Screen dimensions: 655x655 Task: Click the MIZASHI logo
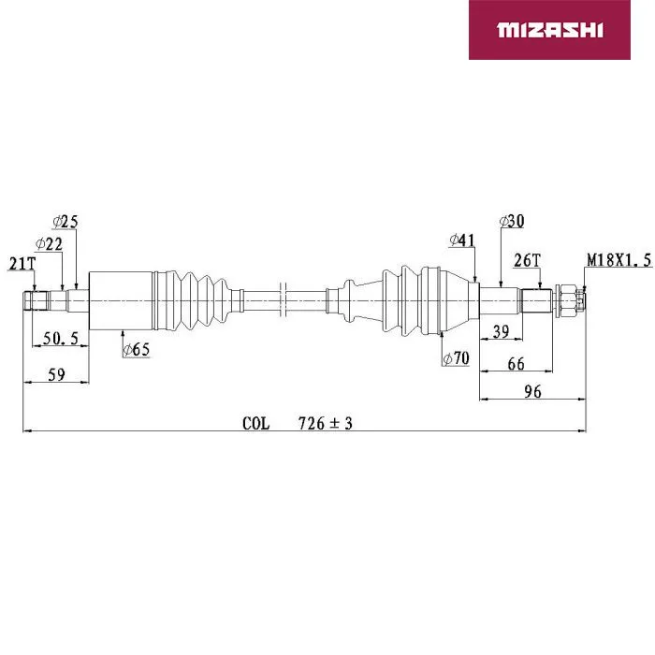pyautogui.click(x=549, y=30)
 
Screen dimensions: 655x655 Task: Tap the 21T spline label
pyautogui.click(x=22, y=264)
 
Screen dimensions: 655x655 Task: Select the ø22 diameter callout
pyautogui.click(x=49, y=243)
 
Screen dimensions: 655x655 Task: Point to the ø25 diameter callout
pyautogui.click(x=65, y=222)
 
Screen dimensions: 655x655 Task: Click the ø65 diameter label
pyautogui.click(x=137, y=349)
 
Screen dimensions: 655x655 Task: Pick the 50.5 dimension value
pyautogui.click(x=61, y=338)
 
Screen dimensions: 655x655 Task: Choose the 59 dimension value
pyautogui.click(x=56, y=374)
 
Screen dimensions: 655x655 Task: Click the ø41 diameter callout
pyautogui.click(x=462, y=240)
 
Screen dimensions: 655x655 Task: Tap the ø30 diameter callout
pyautogui.click(x=512, y=221)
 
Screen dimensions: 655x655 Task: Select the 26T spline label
pyautogui.click(x=527, y=260)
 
